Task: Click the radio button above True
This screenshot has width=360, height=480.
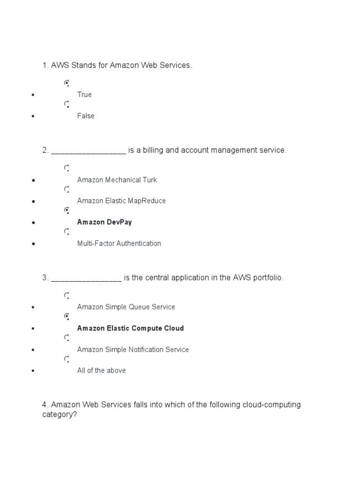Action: [67, 83]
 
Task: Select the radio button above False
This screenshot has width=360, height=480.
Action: [67, 105]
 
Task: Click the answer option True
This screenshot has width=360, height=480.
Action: [84, 95]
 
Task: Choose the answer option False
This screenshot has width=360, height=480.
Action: [86, 116]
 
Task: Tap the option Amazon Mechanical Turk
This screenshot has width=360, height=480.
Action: [117, 180]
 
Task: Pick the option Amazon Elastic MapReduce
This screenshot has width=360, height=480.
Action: [121, 201]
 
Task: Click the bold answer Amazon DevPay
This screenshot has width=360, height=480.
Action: [105, 222]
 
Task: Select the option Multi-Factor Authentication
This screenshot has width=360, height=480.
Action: [119, 243]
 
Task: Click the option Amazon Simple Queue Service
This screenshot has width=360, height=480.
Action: [126, 307]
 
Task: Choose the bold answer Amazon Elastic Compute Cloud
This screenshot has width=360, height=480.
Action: [130, 328]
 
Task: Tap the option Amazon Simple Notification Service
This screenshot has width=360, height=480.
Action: [133, 350]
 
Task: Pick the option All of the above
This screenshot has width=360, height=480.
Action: [101, 371]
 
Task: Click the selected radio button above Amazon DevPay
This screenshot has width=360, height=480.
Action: [67, 210]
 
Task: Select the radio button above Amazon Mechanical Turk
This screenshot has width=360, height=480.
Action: [67, 168]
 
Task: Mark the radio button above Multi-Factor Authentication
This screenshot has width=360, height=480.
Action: [67, 232]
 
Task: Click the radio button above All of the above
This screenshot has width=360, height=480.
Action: [67, 359]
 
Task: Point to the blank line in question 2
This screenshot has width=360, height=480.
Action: [89, 151]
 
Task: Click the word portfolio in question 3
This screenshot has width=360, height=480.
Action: [268, 278]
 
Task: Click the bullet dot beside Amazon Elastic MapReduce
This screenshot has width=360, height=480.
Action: [33, 201]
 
